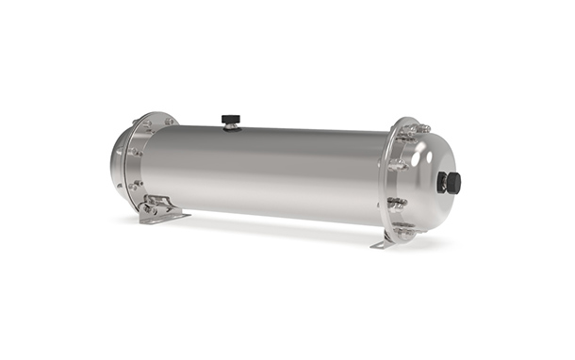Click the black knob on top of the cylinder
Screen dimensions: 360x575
pos(228,119)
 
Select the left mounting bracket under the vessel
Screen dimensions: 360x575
pos(157,209)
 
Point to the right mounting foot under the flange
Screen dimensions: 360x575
pos(383,242)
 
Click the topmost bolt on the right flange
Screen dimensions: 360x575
pos(421,128)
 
